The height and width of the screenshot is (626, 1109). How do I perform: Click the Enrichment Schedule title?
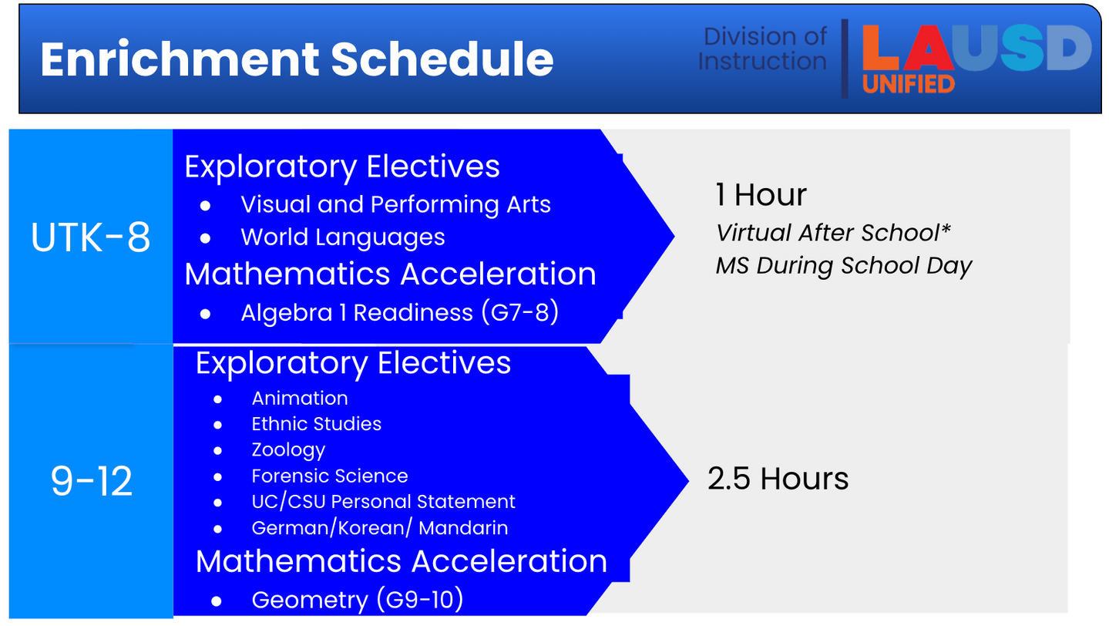point(297,59)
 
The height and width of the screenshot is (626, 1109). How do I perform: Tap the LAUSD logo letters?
point(976,48)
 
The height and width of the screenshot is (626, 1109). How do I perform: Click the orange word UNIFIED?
point(909,84)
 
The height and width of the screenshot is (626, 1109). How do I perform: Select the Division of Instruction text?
point(762,49)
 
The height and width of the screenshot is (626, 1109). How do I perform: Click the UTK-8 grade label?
point(91,237)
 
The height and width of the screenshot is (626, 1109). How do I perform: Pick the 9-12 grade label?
point(92,480)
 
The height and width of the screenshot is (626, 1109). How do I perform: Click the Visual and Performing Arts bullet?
point(395,204)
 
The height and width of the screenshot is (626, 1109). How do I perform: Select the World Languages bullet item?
point(343,237)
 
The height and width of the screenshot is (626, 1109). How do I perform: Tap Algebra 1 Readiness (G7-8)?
point(399,312)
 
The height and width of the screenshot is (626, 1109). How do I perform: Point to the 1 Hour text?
point(761,194)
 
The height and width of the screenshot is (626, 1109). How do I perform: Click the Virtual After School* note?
point(833,233)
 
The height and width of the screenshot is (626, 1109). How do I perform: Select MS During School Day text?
point(844,266)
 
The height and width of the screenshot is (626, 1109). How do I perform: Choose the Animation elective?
point(300,398)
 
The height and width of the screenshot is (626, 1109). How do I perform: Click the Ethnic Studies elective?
point(317,424)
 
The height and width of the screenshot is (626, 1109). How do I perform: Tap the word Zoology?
point(288,450)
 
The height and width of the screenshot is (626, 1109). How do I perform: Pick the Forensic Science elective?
point(330,476)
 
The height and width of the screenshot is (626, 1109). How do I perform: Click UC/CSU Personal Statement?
point(383,502)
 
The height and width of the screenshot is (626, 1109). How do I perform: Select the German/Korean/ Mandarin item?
point(380,528)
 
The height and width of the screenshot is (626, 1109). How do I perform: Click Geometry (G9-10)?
point(358,600)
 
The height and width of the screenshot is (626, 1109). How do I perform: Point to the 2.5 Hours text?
point(778,479)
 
